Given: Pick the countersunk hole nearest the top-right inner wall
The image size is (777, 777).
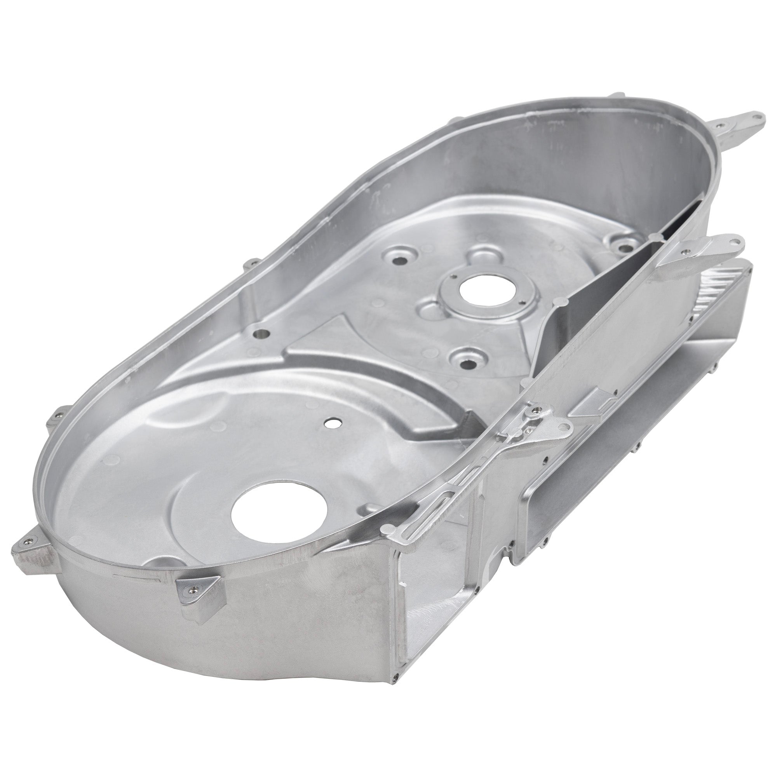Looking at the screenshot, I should point(622,241).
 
